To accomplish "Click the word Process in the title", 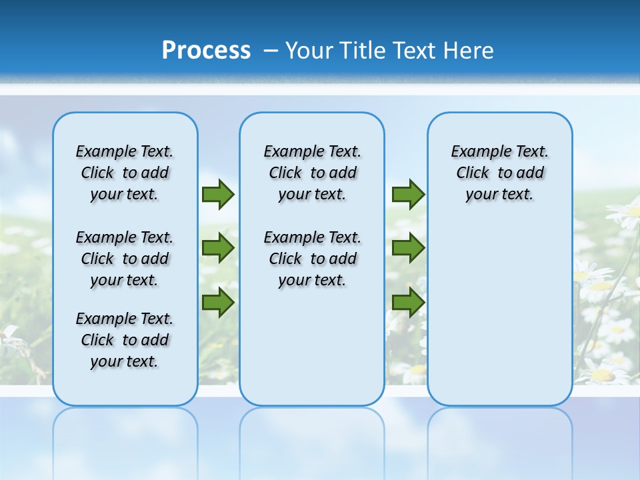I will [x=206, y=51].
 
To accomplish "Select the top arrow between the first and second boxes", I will [x=218, y=194].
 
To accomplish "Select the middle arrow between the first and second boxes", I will [x=218, y=248].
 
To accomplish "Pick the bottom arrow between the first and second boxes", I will [x=218, y=302].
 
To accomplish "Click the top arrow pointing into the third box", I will [x=408, y=194].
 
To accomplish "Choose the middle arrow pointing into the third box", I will [x=408, y=248].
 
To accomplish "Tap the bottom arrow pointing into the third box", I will [x=408, y=302].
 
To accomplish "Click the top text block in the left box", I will [x=125, y=173].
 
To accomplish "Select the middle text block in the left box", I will [x=125, y=259].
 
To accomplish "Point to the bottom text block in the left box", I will [x=125, y=340].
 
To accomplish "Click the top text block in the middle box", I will [x=312, y=173].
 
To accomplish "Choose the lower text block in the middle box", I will [x=312, y=259].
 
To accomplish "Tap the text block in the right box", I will [x=499, y=173].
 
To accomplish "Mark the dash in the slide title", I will [x=271, y=51].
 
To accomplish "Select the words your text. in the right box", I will [x=499, y=195].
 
